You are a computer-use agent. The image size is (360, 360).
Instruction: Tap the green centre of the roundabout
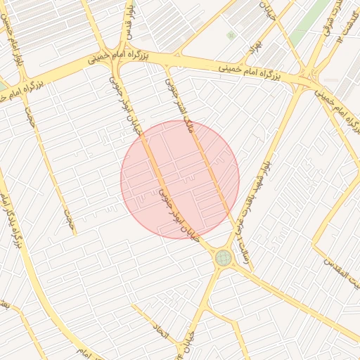tap(223, 257)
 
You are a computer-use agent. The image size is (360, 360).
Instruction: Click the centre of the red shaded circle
tap(180, 179)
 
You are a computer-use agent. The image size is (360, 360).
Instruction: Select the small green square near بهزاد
tap(231, 35)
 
